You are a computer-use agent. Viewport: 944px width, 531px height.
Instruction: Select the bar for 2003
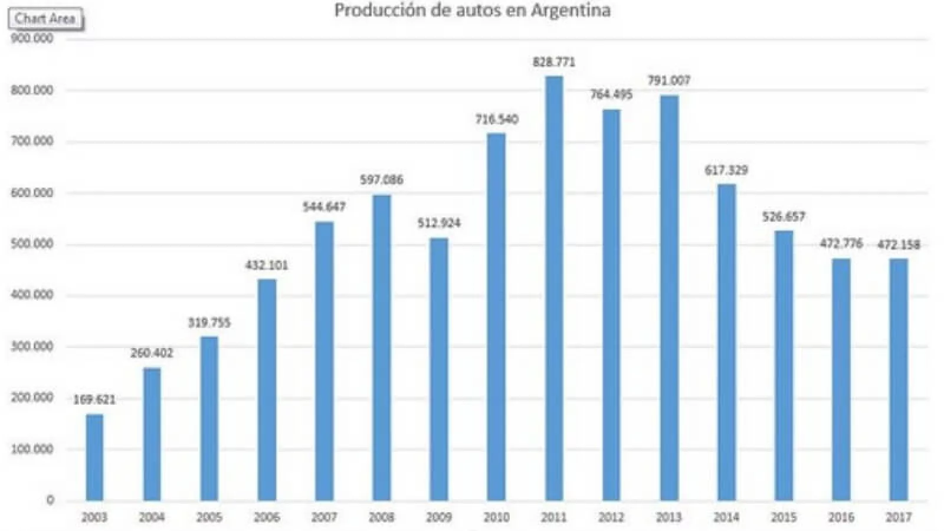(x=94, y=457)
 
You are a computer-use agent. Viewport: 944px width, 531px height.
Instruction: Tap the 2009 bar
(x=439, y=369)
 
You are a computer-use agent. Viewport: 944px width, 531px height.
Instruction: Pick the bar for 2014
(x=726, y=342)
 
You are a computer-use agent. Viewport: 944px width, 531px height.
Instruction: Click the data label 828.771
(x=554, y=62)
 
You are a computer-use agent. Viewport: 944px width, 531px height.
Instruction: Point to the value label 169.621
(x=94, y=400)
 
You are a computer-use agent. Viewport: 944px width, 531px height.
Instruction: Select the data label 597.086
(x=382, y=180)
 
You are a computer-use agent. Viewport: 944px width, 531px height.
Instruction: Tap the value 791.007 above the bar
(x=668, y=80)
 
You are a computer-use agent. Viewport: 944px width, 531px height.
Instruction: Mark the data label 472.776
(x=841, y=243)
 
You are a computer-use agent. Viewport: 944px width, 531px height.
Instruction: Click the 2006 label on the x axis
(x=267, y=518)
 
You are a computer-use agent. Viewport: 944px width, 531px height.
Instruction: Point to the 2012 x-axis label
(x=611, y=518)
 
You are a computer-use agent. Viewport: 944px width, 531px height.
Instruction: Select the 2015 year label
(x=784, y=518)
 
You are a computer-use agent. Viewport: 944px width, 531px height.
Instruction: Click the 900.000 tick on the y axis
(x=32, y=39)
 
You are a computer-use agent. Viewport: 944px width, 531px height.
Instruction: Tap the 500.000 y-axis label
(x=32, y=244)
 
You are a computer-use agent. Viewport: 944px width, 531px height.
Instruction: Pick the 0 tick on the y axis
(x=50, y=500)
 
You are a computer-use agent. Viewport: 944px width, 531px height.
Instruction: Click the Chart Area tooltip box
(x=45, y=19)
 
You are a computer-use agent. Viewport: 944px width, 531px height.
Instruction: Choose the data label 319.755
(x=209, y=323)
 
